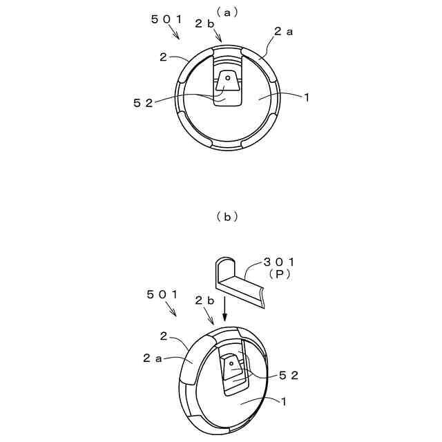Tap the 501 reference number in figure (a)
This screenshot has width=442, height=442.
166,20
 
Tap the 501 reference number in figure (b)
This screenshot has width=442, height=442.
162,294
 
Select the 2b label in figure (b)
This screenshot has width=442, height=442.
204,300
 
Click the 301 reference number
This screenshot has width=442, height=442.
280,262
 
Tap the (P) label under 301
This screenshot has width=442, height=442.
280,274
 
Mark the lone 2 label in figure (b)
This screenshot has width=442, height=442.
164,336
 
